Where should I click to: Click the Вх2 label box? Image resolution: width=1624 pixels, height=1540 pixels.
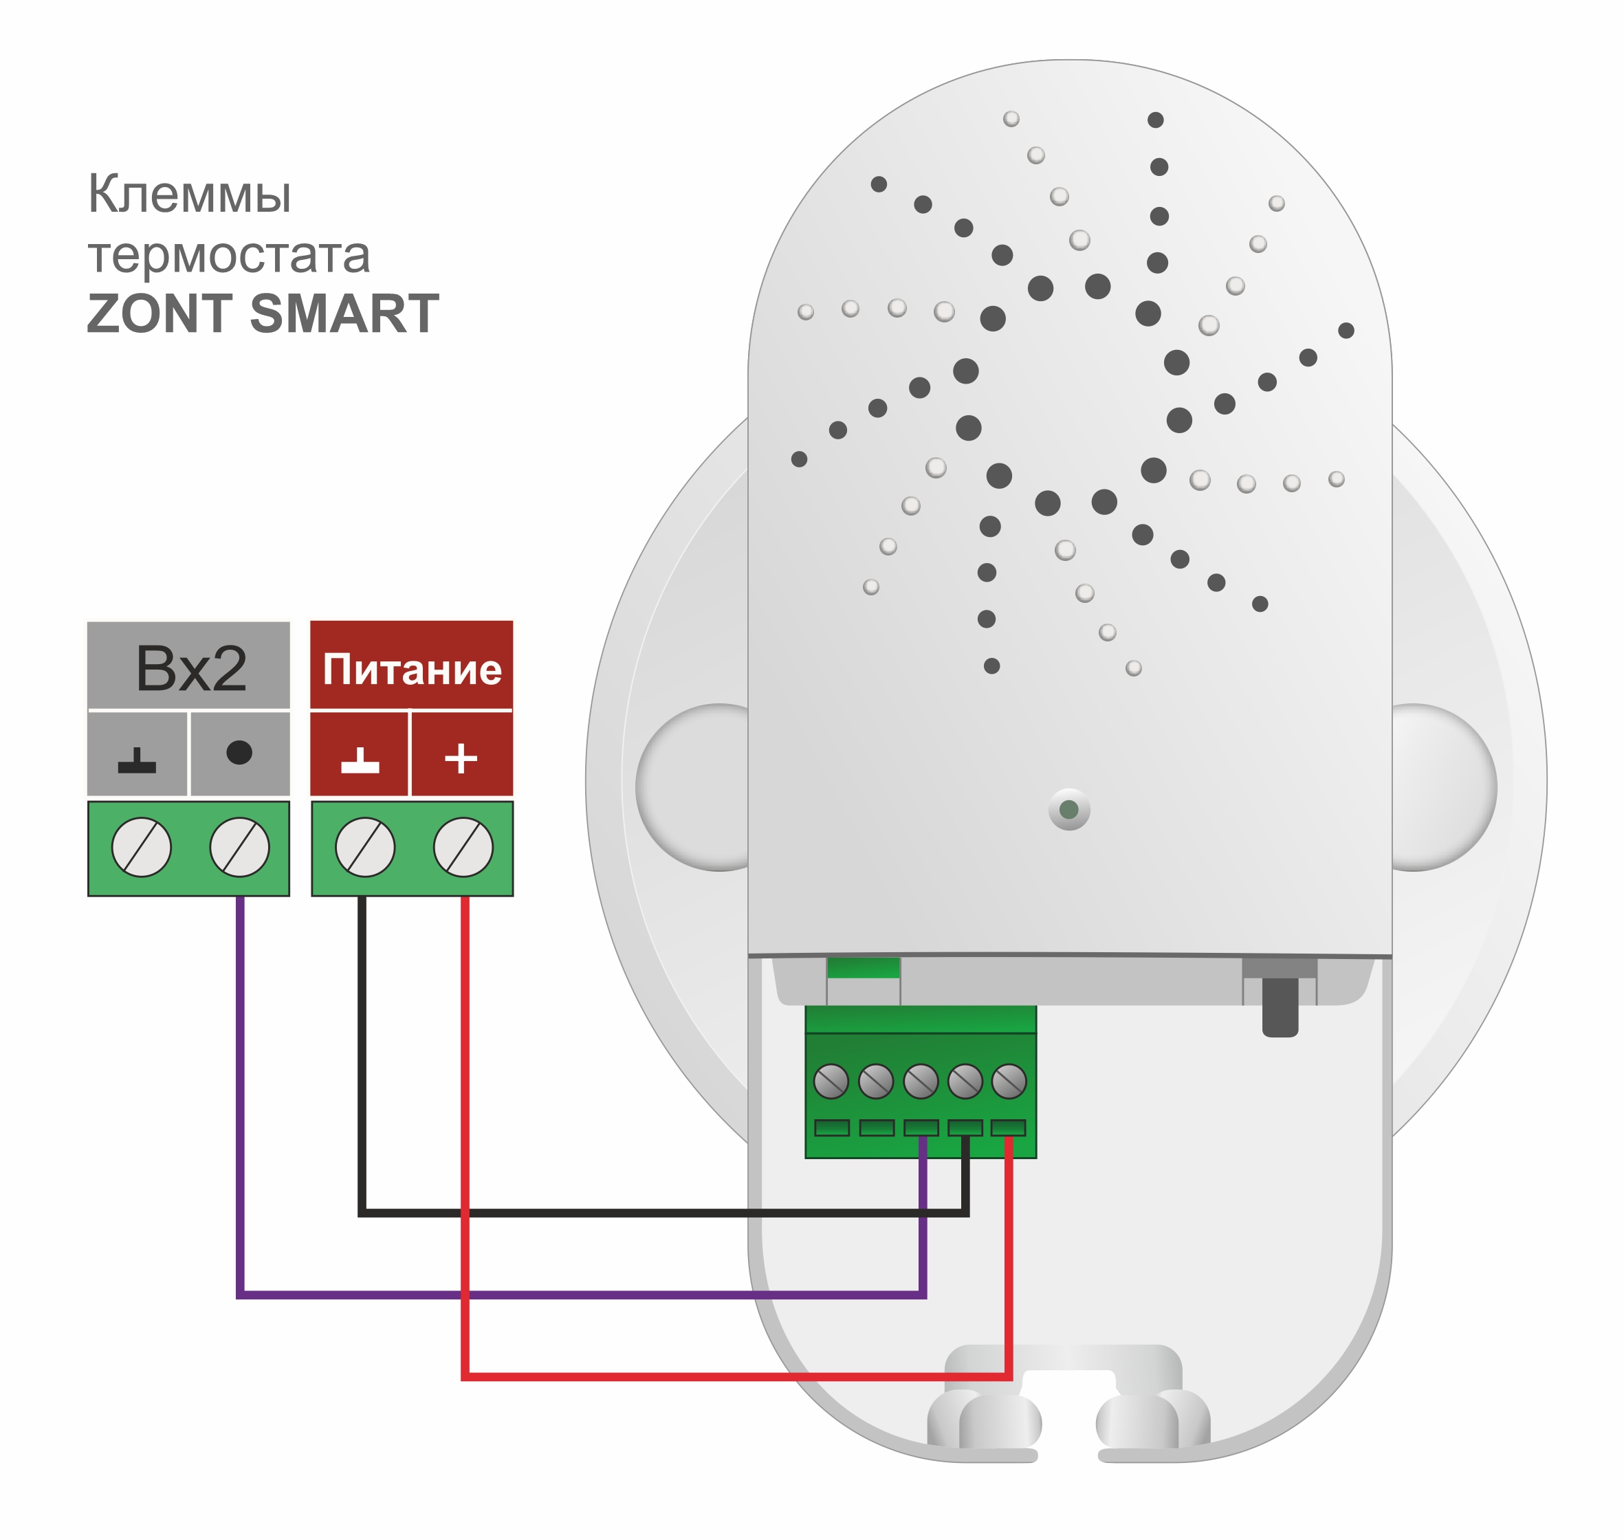[189, 668]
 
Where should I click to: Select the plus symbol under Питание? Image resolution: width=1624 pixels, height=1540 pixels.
[461, 758]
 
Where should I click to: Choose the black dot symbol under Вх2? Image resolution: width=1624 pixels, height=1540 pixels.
[239, 752]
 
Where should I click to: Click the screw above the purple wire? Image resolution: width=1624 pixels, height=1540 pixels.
[239, 847]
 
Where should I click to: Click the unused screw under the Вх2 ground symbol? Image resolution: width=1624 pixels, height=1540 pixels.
[141, 847]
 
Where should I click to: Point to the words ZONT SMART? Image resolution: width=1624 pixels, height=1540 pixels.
[263, 313]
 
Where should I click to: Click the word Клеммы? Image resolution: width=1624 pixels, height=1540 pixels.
[189, 195]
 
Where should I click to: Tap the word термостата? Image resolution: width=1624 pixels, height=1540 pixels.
[228, 254]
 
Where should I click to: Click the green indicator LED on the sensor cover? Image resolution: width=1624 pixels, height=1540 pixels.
[1069, 809]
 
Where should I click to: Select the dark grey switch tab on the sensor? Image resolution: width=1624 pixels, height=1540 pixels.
[1279, 1006]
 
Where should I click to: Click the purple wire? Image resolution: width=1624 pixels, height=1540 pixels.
[575, 1295]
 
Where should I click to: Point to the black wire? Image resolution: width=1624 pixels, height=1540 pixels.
[657, 1211]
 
